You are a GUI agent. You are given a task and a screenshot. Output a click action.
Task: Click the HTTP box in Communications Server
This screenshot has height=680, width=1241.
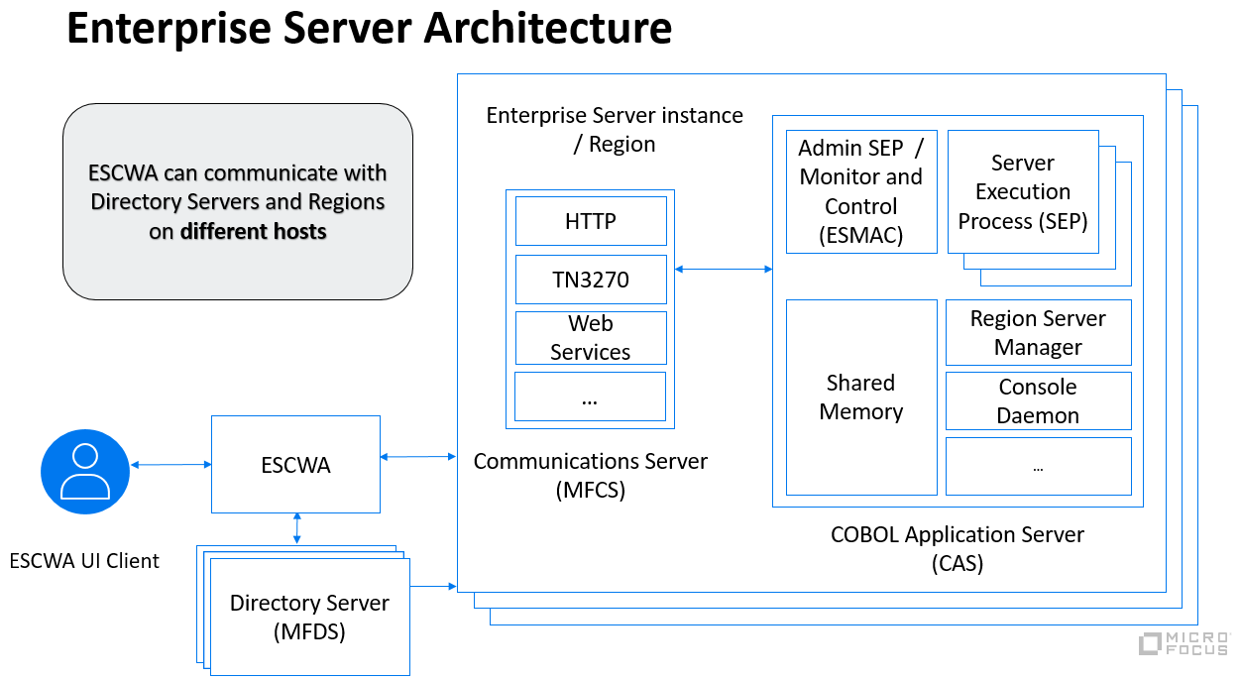coord(591,221)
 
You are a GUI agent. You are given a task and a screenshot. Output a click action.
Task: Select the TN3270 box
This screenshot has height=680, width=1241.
coord(591,280)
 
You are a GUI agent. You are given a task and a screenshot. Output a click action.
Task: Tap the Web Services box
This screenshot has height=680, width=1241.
coord(591,338)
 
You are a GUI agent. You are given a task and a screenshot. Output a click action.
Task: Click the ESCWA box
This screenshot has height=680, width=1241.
coord(295,464)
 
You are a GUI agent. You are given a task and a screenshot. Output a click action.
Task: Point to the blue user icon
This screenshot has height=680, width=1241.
coord(85,471)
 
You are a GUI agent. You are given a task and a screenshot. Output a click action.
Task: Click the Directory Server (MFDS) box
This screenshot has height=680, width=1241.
coord(309,617)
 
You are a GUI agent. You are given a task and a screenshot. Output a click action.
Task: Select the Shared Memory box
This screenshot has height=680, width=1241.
coord(860,397)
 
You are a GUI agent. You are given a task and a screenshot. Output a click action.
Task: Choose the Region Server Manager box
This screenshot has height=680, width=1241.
coord(1038,332)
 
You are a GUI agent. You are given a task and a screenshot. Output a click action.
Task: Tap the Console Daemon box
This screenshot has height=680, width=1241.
coord(1038,400)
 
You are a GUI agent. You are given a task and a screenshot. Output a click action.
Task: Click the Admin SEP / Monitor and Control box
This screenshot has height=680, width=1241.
coord(860,191)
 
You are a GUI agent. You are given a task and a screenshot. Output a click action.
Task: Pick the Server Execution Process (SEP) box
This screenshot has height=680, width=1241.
coord(1023,191)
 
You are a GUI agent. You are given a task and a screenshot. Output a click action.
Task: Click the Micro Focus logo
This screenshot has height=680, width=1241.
coord(1184,643)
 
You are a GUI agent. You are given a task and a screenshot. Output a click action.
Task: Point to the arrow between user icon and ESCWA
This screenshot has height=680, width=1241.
coord(170,464)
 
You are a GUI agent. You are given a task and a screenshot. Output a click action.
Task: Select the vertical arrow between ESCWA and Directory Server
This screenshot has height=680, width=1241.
coord(296,528)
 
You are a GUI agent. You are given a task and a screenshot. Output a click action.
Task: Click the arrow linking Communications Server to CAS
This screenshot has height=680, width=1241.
coord(724,268)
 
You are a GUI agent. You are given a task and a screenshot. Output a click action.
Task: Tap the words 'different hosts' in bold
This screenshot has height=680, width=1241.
coord(253,232)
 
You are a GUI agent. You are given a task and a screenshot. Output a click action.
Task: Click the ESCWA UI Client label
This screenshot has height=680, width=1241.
coord(84,561)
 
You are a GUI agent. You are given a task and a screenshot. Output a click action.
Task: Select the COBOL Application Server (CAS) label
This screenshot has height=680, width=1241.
coord(958,549)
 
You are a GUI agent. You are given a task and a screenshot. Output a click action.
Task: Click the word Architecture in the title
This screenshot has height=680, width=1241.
coord(548,29)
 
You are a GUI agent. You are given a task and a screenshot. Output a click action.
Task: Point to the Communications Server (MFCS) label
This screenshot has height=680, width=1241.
coord(591,475)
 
